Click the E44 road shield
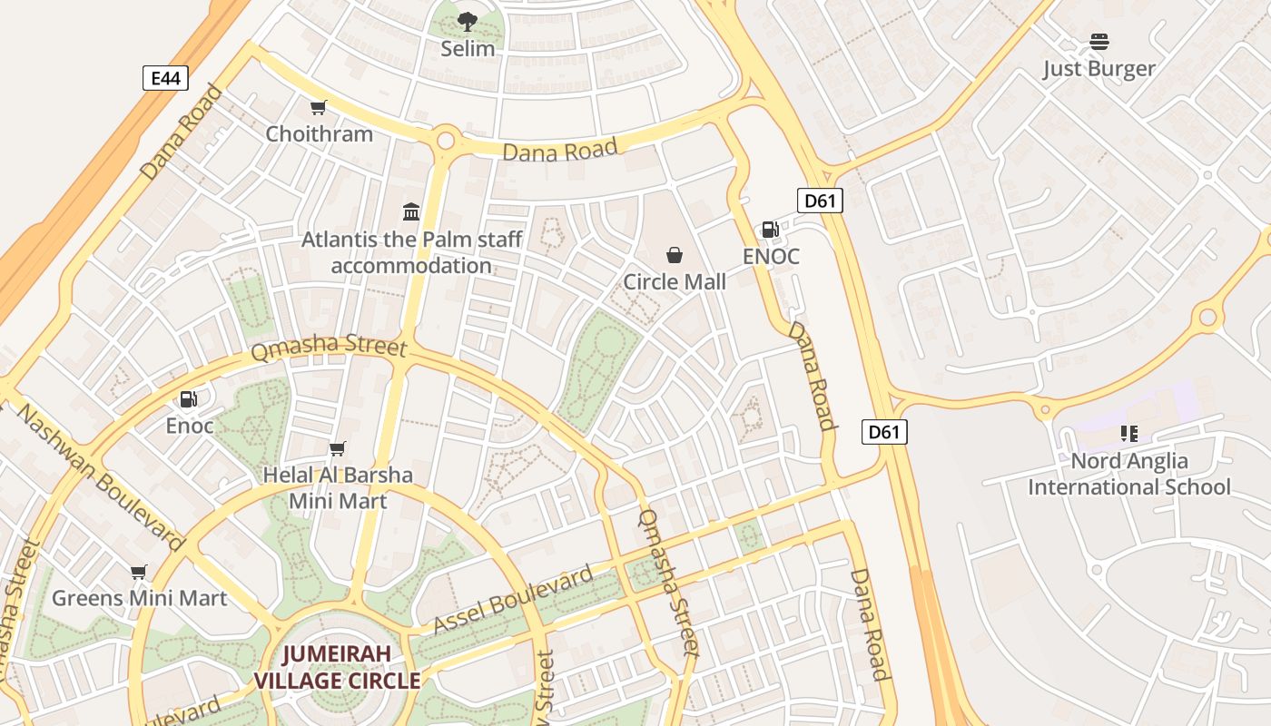pos(165,78)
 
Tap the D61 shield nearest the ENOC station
pos(820,201)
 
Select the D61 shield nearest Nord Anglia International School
pos(883,432)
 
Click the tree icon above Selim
pos(468,21)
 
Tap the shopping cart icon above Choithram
pos(318,108)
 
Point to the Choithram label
pos(319,134)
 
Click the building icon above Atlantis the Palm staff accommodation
pos(411,212)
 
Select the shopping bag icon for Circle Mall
pos(674,255)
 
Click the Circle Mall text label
pos(674,282)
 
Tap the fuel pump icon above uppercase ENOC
pos(770,230)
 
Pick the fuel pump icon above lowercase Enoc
pos(189,399)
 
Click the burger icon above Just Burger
pos(1099,42)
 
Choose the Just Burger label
pos(1099,69)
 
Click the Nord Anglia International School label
pos(1128,474)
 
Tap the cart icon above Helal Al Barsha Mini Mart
pos(337,448)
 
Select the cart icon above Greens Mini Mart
pos(138,572)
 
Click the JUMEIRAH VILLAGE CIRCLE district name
pos(337,667)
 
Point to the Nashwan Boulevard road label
pos(101,476)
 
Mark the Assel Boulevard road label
pos(513,599)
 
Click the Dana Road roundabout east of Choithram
pos(445,141)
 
